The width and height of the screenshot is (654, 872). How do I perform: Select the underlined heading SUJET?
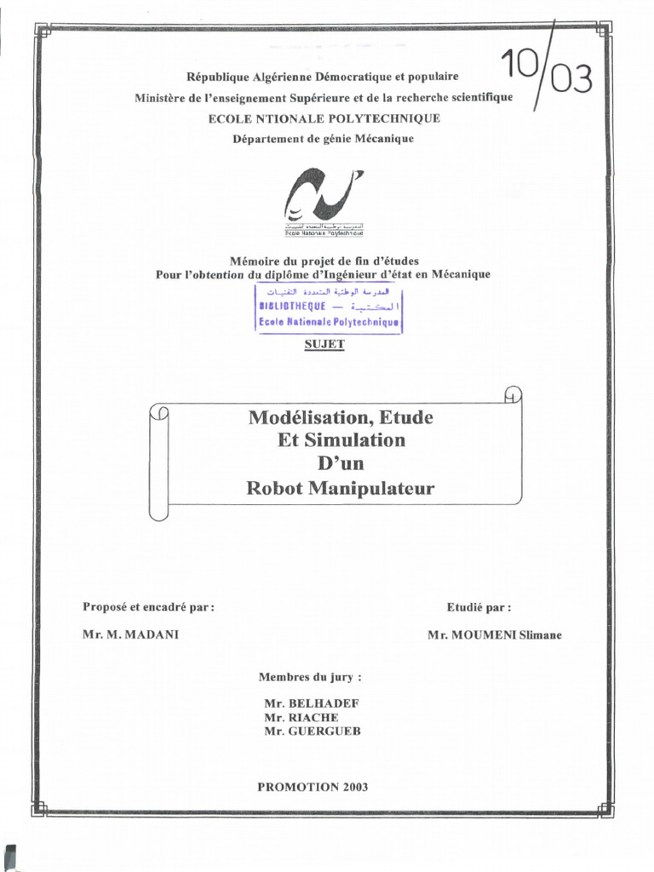point(324,344)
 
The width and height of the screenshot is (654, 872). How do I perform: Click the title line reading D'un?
point(341,465)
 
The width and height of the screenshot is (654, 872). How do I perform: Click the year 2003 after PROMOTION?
point(356,786)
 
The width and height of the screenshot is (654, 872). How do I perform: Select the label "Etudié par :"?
point(479,607)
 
